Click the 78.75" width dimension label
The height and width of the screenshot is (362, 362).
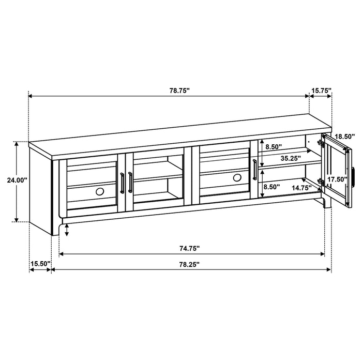coord(179,90)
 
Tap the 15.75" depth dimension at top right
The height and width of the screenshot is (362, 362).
coord(321,90)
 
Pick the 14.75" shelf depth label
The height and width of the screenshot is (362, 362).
coord(300,188)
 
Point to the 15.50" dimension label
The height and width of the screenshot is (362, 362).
coord(40,264)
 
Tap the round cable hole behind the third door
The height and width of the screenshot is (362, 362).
coord(237,178)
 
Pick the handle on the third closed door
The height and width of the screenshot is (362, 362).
coord(254,171)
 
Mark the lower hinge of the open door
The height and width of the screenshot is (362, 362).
coord(322,182)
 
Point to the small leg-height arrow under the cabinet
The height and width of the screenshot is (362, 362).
coord(67,231)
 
